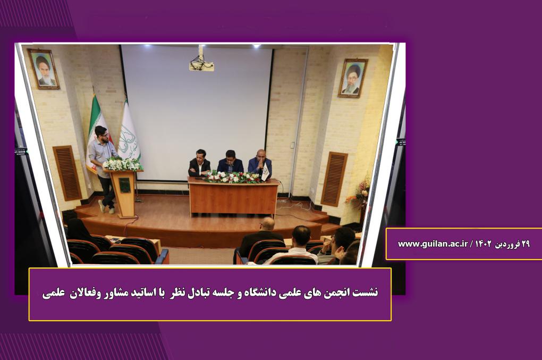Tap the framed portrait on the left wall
[44, 69]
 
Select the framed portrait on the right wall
[353, 78]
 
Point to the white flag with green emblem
[129, 133]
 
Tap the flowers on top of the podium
[122, 164]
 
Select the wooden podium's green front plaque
[124, 185]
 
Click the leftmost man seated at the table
[199, 164]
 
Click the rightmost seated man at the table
[260, 164]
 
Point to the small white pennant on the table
[265, 172]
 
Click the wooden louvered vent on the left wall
[67, 173]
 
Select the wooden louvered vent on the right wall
[334, 179]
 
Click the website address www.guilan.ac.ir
[433, 244]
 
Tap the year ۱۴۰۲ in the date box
[483, 244]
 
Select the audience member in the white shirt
[296, 246]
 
